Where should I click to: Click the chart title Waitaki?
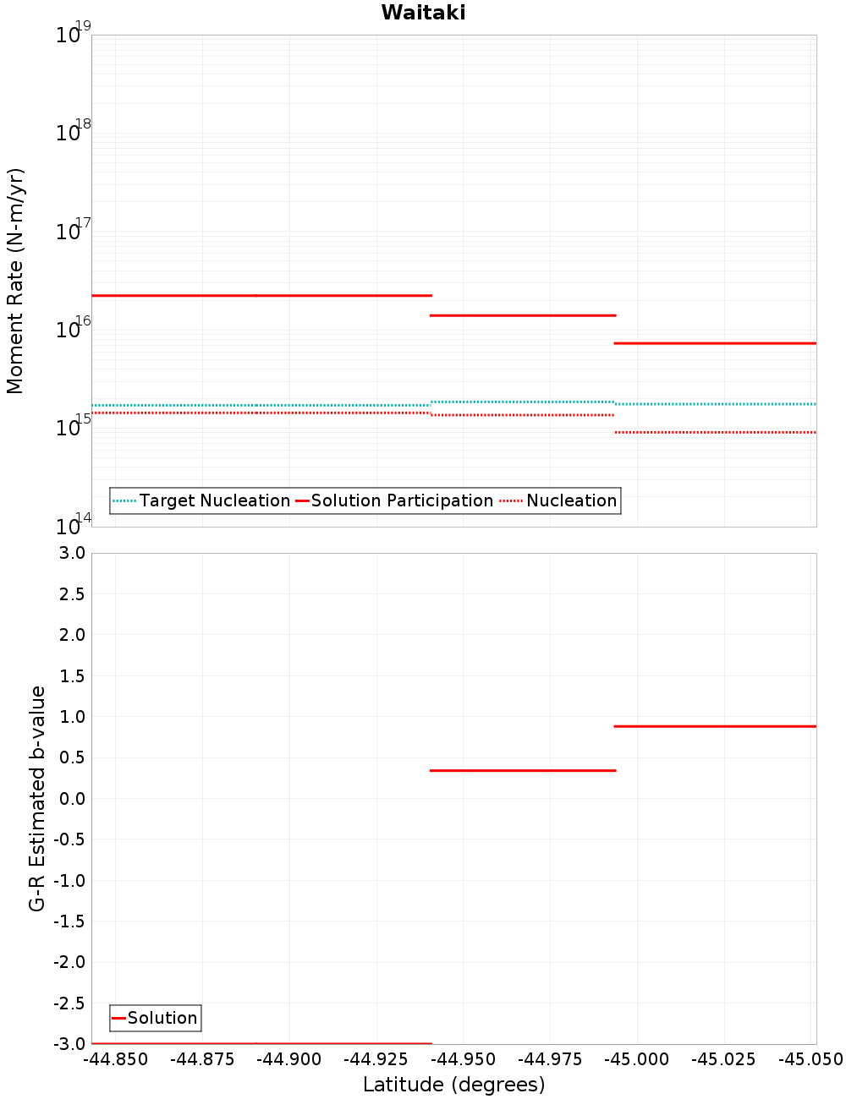(423, 13)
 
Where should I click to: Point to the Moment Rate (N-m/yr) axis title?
(15, 281)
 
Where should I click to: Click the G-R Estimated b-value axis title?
(37, 798)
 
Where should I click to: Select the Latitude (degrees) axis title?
(453, 1085)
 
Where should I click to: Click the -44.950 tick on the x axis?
(463, 1059)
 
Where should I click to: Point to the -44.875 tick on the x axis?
(202, 1059)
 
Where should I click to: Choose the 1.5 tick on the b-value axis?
(70, 675)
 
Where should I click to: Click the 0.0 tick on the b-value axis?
(70, 798)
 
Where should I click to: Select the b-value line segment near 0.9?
(715, 726)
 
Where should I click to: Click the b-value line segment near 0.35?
(523, 770)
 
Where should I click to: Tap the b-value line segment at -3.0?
(261, 1043)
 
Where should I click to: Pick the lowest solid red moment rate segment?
(715, 343)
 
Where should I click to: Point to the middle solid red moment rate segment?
(523, 315)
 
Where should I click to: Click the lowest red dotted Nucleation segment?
(715, 432)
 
